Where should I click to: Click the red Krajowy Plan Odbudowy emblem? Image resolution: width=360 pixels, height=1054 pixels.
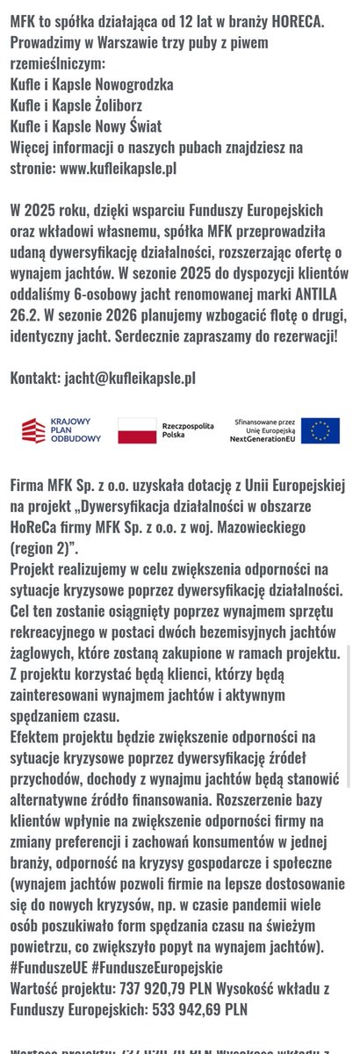click(33, 430)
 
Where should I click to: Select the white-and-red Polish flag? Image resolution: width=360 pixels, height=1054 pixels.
click(136, 430)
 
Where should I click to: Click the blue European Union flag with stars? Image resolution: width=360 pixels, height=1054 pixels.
click(320, 430)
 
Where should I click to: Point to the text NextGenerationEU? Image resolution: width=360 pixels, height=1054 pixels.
click(263, 439)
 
